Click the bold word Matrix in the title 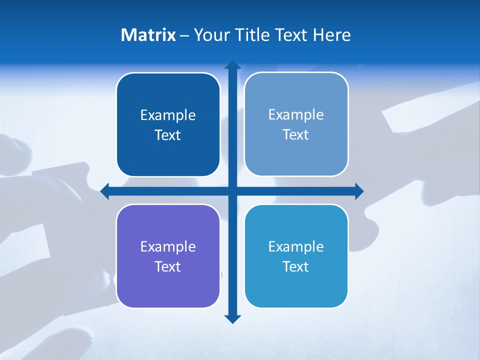pos(148,35)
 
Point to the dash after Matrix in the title pos(184,35)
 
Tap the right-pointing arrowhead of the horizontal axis pos(358,191)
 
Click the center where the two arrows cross pos(232,191)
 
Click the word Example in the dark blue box pos(168,115)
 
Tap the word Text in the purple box pos(167,266)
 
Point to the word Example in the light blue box pos(296,114)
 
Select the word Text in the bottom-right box pos(295,266)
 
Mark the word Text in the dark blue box pos(167,135)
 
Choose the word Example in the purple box pos(168,246)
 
